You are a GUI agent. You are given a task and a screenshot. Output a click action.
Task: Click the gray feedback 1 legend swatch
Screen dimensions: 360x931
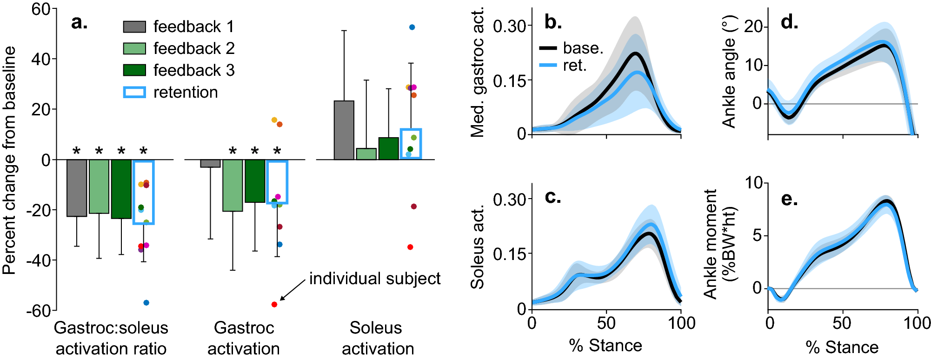tap(134, 27)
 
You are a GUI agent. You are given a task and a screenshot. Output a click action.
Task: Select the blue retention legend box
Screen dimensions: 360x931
tap(134, 92)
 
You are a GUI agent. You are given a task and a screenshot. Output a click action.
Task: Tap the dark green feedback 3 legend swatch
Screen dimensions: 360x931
tap(134, 70)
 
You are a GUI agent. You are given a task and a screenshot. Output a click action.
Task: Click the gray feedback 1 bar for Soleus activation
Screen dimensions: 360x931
tap(344, 130)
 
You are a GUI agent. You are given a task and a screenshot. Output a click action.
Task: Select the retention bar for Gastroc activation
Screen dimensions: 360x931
tap(277, 182)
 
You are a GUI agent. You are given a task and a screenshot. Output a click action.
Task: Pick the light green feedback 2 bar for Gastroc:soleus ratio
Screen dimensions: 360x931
tap(99, 187)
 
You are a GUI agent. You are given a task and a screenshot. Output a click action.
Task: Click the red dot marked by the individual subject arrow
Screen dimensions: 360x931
tap(274, 305)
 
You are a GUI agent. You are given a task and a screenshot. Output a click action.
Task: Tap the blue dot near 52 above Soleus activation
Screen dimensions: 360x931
tap(412, 27)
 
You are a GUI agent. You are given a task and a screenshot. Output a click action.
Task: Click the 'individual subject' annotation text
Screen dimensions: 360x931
tap(375, 279)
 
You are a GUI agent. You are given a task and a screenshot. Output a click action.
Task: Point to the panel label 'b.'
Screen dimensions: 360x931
tap(553, 22)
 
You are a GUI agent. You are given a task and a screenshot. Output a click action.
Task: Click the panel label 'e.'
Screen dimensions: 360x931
tap(789, 199)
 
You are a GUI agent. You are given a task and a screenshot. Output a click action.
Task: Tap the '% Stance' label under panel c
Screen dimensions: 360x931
tap(605, 346)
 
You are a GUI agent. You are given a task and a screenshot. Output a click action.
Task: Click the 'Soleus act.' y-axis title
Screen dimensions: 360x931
tap(478, 247)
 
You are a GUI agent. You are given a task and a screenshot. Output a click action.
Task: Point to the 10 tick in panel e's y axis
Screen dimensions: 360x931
tap(754, 183)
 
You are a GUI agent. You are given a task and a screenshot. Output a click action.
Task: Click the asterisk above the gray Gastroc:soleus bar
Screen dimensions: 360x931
tap(77, 151)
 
